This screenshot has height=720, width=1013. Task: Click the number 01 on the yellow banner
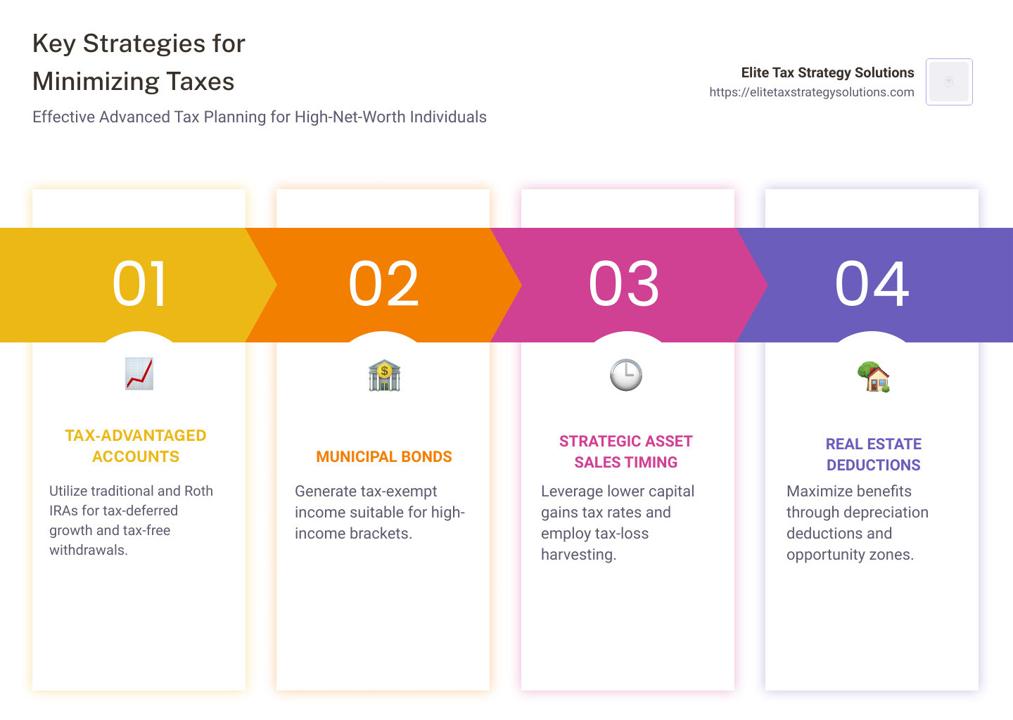point(140,284)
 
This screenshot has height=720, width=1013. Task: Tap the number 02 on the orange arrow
point(384,284)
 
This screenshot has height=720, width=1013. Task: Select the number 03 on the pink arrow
point(624,284)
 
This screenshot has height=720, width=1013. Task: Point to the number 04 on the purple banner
point(872,284)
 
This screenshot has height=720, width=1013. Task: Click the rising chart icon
point(139,374)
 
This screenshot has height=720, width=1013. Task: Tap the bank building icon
point(384,375)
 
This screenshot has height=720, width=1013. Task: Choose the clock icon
point(626,375)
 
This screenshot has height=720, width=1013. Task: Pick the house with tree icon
point(873,377)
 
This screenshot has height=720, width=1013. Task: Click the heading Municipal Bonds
point(384,457)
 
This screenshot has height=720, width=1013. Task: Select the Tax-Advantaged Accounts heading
point(136,446)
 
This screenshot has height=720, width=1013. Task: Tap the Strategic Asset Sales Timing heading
point(626,451)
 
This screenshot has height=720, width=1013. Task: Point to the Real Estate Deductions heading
point(873,454)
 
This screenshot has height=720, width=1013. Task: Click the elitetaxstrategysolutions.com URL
point(812,92)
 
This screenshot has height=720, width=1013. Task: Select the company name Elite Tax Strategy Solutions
point(827,72)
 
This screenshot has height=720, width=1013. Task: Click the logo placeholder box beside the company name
point(949,82)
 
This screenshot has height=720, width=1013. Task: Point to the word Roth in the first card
point(198,491)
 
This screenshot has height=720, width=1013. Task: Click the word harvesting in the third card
point(578,555)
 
